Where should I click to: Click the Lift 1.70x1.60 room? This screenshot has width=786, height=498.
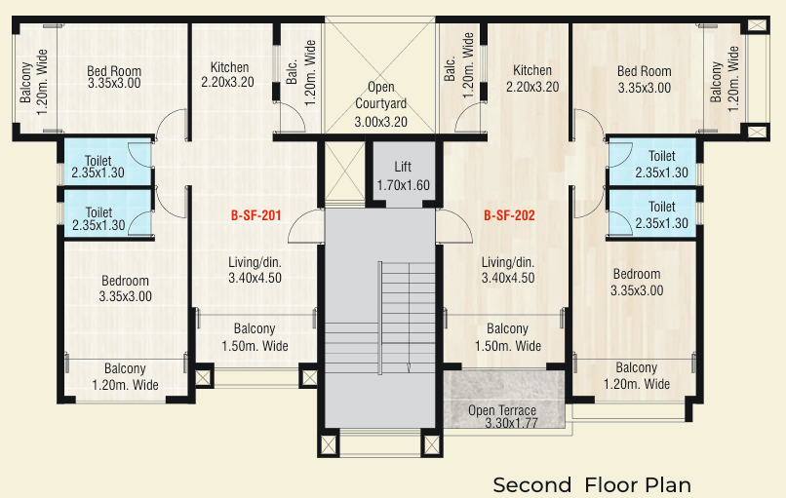pos(403,175)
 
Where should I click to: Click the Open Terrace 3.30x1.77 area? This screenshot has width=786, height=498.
pos(502,416)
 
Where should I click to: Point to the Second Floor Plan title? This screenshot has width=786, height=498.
pos(592,484)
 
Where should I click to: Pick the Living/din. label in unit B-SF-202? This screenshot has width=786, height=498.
pos(508,270)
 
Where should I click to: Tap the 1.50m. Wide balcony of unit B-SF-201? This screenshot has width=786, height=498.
pos(255,337)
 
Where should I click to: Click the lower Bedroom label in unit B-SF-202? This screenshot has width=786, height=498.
pos(636,282)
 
